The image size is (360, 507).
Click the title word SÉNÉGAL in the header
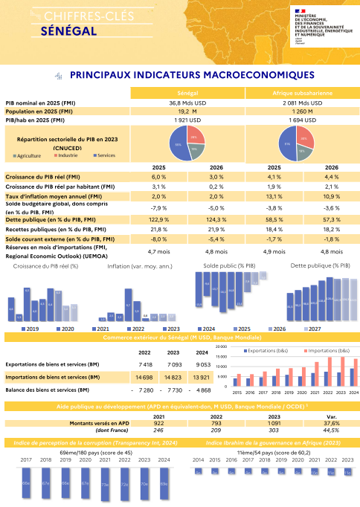coord(69,32)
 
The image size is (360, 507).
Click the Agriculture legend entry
coord(29,155)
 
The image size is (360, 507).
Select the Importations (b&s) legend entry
coord(325,349)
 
